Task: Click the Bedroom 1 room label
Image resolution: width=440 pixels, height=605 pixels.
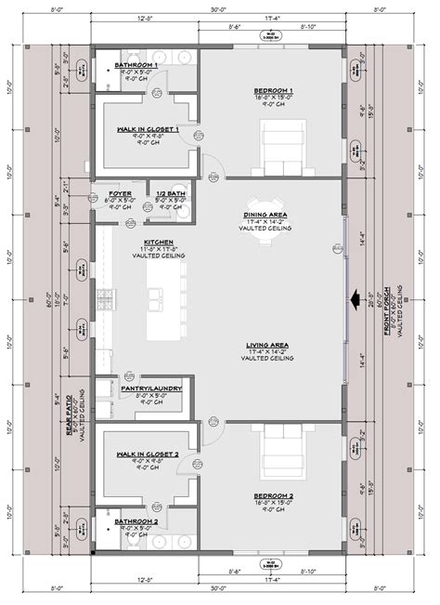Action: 274,91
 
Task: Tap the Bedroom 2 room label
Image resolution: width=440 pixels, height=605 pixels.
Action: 274,496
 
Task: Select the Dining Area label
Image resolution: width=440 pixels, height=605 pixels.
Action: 265,215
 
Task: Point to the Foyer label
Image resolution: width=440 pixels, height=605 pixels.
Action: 120,192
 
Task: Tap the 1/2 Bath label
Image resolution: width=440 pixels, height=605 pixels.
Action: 170,192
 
